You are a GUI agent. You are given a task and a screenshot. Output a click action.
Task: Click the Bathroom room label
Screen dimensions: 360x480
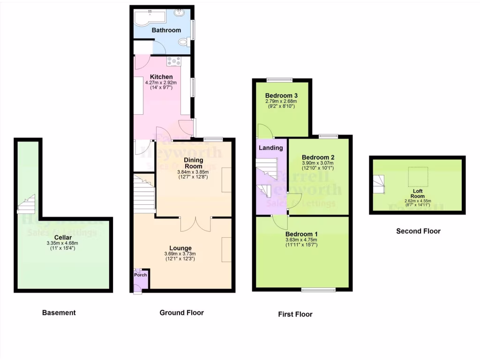(166, 30)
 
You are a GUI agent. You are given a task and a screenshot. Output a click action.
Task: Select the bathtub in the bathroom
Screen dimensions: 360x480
(150, 18)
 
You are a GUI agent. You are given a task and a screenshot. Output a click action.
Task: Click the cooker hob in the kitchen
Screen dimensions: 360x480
(173, 60)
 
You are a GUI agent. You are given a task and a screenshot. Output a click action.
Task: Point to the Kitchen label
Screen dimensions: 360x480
(161, 77)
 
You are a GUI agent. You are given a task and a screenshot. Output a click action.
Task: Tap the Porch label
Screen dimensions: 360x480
(140, 275)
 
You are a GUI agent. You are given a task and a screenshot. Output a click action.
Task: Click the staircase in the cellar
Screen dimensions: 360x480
(26, 204)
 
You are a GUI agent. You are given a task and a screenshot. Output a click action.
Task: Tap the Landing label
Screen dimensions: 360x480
(271, 148)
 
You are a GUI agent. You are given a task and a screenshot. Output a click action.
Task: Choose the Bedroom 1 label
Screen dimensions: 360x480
(302, 234)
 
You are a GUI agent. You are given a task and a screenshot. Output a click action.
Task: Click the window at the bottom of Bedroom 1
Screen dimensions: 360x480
(318, 290)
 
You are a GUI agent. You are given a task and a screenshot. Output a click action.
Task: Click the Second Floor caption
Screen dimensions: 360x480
(418, 231)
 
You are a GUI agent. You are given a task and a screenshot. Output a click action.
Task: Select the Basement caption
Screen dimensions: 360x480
(59, 313)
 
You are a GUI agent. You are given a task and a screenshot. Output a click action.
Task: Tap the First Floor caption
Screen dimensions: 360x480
(295, 314)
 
